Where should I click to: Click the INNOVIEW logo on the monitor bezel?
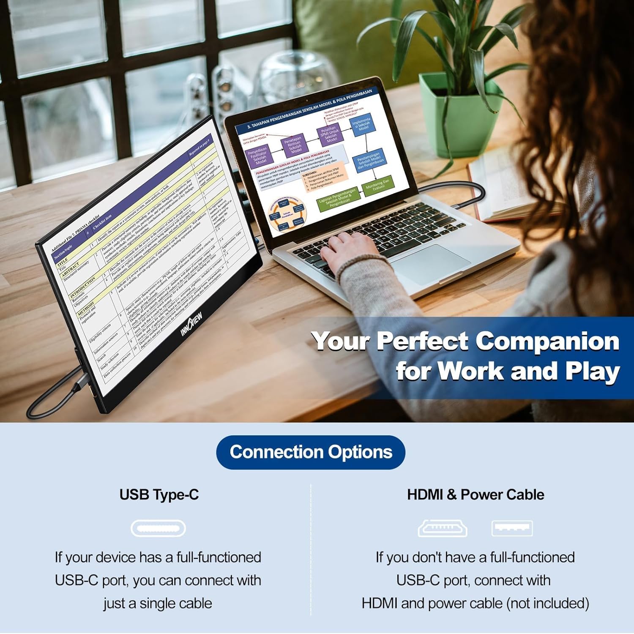coord(192,324)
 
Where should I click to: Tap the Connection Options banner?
coord(311,452)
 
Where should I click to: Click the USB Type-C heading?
coord(159,495)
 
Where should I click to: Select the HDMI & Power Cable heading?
coord(475,495)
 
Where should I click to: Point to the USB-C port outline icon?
coord(158,528)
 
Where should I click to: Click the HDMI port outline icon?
coord(443,528)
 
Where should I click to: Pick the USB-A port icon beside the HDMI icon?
coord(512,528)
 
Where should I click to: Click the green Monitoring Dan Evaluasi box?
coord(377,186)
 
